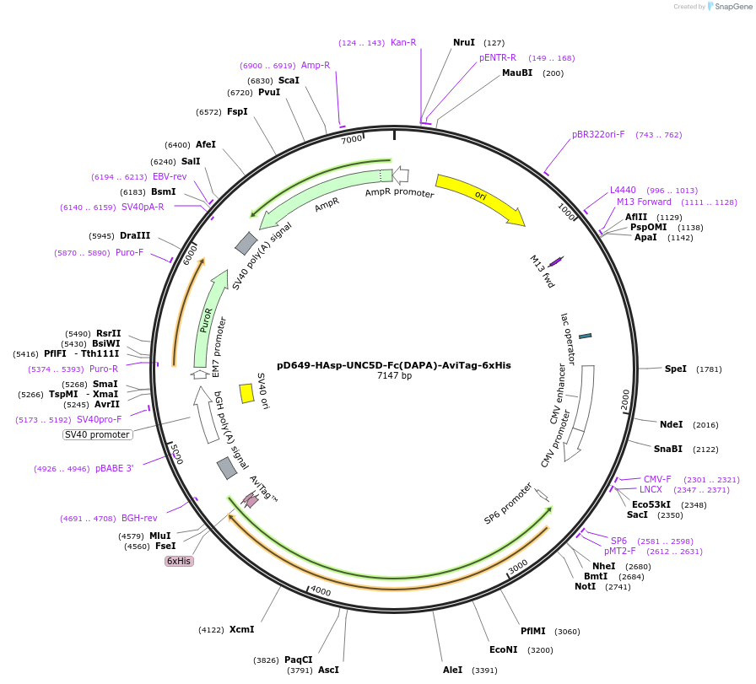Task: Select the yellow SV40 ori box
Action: [x=246, y=393]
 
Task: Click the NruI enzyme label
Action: [x=464, y=42]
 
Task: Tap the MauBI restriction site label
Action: [x=517, y=73]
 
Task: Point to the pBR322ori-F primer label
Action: [x=598, y=134]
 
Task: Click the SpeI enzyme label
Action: [x=676, y=369]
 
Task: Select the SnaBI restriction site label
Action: [x=668, y=449]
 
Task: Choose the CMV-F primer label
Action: [x=657, y=479]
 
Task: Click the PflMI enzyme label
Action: [x=533, y=631]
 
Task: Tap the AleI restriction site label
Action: [x=453, y=670]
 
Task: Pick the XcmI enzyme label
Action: [x=241, y=629]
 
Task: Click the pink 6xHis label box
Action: [x=179, y=561]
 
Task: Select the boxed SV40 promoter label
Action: [x=98, y=434]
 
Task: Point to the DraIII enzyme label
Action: [x=135, y=235]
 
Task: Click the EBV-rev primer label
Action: [x=170, y=176]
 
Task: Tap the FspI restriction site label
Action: [x=237, y=111]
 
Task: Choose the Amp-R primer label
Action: [x=316, y=65]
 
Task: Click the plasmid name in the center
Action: [x=394, y=365]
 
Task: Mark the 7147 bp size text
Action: [x=394, y=376]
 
